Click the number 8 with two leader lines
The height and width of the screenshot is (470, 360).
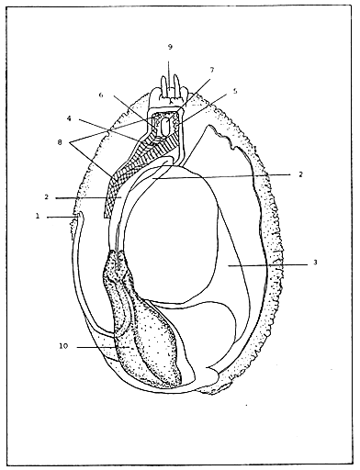tap(62, 143)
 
